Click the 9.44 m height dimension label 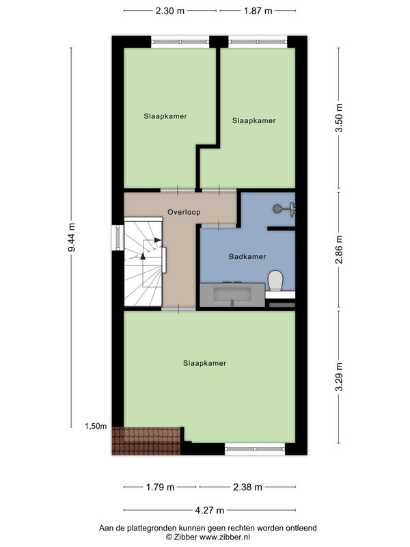pos(72,237)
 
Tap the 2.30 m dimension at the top pos(169,11)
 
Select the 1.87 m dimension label pos(258,11)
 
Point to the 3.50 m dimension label pos(339,118)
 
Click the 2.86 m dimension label pos(339,250)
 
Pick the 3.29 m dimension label pos(339,377)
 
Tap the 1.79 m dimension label pos(160,487)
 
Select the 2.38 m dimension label pos(247,487)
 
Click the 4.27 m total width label pos(209,510)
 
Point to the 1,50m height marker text pos(96,426)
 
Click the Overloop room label pos(184,212)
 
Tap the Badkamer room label pos(247,257)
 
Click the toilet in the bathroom pos(275,281)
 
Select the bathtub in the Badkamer pos(232,295)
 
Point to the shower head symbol pos(284,209)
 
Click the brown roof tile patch pos(146,441)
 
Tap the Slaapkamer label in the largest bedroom pos(204,363)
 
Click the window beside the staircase pos(118,237)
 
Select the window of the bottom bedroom pos(255,449)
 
